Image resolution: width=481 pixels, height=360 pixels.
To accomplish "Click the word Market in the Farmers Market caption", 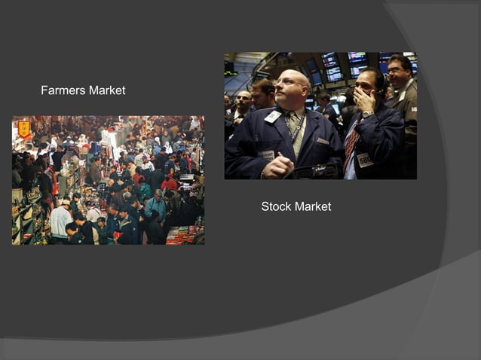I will (x=106, y=90).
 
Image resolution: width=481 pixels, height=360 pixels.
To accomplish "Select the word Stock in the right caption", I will (x=276, y=206).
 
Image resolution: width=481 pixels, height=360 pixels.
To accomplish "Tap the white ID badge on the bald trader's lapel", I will (x=272, y=117).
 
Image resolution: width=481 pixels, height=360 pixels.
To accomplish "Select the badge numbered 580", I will (x=365, y=160).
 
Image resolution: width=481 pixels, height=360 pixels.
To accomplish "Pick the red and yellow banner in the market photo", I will (x=24, y=128).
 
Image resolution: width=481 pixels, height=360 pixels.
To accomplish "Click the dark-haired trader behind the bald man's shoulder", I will (x=263, y=94).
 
